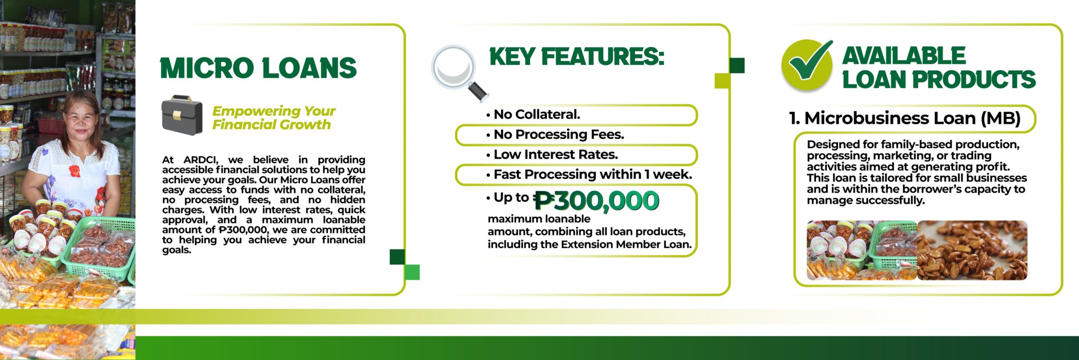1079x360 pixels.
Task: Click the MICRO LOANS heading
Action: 258,69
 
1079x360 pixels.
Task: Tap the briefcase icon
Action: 182,115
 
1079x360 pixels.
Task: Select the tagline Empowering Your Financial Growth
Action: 273,118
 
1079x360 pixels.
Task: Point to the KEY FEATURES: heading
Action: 576,56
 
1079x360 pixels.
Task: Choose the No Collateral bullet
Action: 533,114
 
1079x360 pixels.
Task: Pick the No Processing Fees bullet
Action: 555,134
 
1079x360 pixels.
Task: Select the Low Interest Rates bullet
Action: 552,154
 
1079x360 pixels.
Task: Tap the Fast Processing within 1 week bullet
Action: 589,174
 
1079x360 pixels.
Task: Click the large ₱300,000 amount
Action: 596,201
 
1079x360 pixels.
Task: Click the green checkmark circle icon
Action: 807,65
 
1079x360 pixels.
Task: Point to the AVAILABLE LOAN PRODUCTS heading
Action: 939,67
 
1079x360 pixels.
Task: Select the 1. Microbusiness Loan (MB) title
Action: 905,118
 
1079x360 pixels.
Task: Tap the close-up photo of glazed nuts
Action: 972,250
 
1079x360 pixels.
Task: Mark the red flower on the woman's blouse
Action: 75,171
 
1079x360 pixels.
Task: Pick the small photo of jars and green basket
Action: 862,250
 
